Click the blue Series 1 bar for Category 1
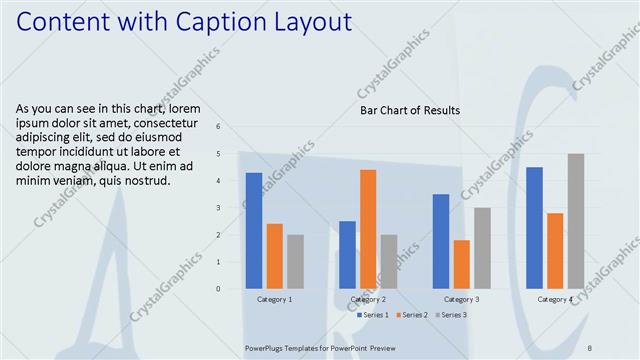tap(254, 231)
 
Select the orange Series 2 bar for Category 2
tap(368, 229)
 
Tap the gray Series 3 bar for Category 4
tap(576, 221)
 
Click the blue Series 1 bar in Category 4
tap(534, 228)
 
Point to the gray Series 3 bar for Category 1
tap(295, 261)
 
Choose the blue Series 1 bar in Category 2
tap(347, 255)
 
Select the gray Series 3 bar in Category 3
tap(482, 248)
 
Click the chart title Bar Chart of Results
tap(410, 110)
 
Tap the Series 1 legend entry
tap(374, 315)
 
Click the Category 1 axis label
tap(275, 299)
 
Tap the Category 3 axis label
tap(461, 299)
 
